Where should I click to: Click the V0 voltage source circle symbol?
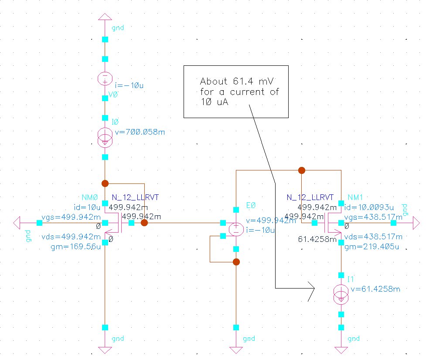coord(105,79)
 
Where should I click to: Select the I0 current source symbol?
coord(105,137)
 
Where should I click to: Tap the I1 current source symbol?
coord(341,295)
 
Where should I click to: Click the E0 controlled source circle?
coord(236,229)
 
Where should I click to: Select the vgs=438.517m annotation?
coord(373,217)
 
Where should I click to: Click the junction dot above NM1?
coord(301,170)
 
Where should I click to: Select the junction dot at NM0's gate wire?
coord(144,223)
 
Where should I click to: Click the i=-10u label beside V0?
coord(129,85)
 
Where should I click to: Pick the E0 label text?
coord(251,205)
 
